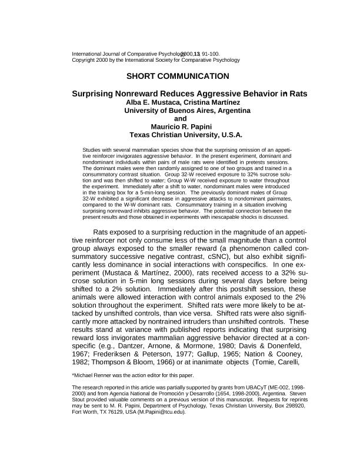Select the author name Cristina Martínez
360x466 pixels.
coord(213,101)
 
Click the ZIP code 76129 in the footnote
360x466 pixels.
coord(108,412)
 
